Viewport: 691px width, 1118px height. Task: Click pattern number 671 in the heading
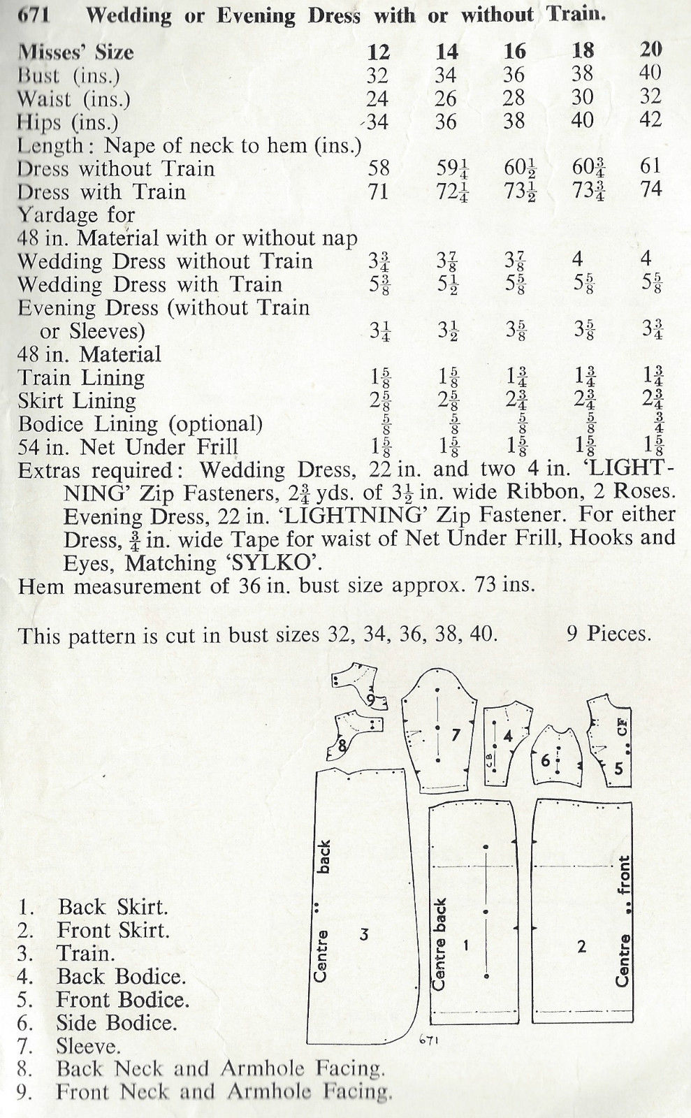point(32,15)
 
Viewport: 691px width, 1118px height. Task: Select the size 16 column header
point(514,51)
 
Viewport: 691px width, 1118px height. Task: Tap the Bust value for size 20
point(650,73)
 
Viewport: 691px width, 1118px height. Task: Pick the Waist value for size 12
point(377,99)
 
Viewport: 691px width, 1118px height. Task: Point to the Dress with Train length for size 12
point(377,191)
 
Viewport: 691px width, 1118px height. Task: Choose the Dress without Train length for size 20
point(650,167)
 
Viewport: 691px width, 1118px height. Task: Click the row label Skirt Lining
point(77,401)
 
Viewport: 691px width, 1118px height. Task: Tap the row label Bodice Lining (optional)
point(140,424)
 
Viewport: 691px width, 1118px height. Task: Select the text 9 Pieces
point(609,634)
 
